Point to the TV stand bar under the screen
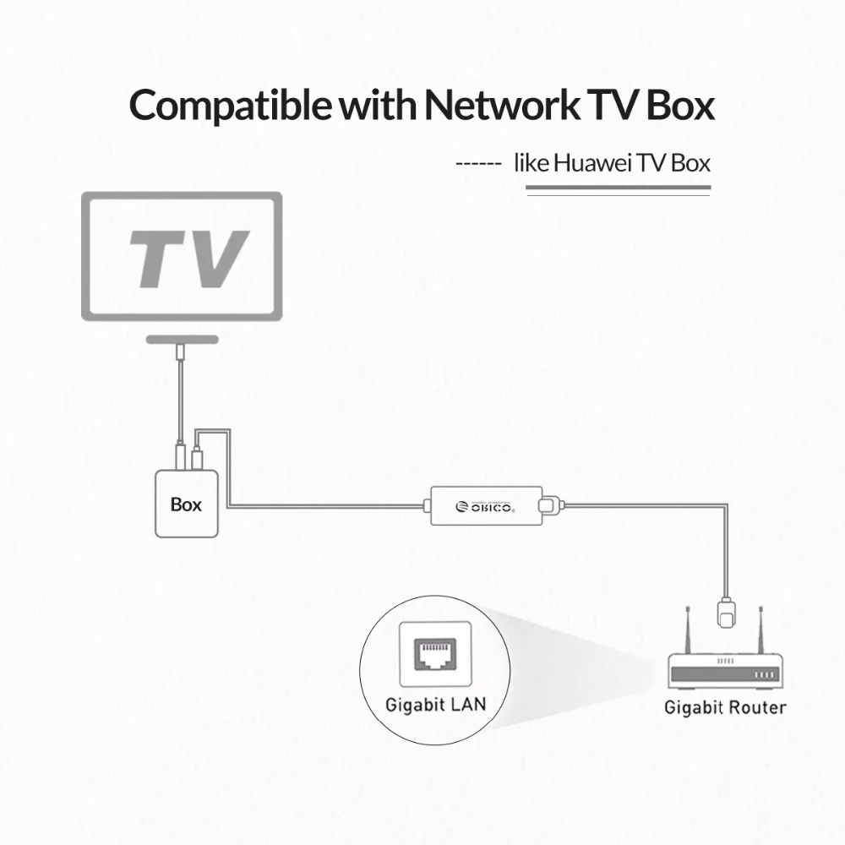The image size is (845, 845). (182, 338)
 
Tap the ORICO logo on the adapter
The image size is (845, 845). (484, 506)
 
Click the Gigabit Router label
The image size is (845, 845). (725, 707)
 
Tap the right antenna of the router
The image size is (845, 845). (763, 629)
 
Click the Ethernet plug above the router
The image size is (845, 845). (726, 611)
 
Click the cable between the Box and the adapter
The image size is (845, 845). (330, 506)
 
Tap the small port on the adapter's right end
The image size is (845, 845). (550, 506)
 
